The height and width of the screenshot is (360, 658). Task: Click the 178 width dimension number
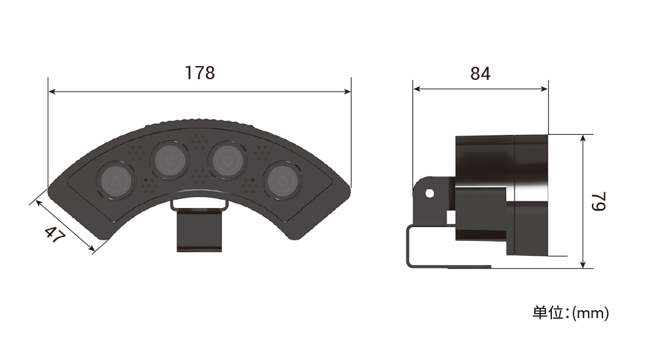point(200,73)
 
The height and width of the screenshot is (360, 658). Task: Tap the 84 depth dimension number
point(480,73)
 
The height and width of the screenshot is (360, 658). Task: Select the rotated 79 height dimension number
point(599,202)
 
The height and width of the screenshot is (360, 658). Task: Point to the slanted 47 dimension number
point(55,236)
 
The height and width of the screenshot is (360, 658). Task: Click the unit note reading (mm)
point(591,313)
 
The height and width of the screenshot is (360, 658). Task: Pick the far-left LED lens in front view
point(117,181)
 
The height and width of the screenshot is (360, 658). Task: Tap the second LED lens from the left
point(170,160)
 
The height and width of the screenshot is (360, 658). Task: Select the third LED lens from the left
point(228,160)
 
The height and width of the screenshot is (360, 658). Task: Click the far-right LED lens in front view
point(282,181)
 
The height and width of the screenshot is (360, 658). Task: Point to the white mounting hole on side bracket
point(430,193)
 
